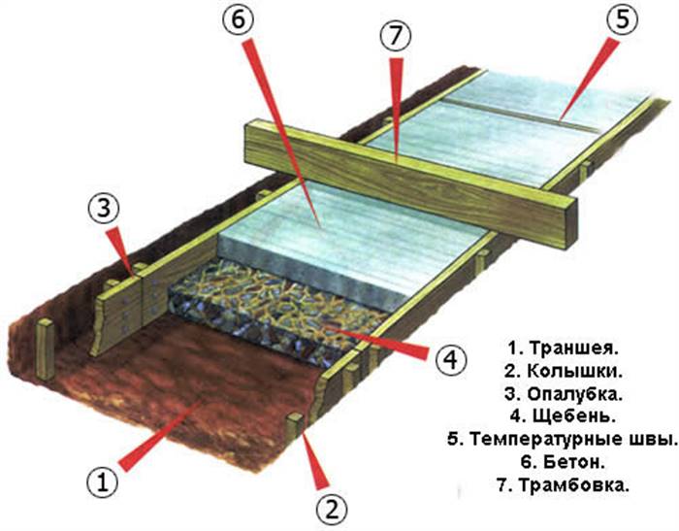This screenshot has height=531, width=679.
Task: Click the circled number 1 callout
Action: (102, 482)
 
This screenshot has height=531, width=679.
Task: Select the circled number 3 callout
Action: (103, 208)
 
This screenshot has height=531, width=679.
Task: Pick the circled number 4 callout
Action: (451, 359)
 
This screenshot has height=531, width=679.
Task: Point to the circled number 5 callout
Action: (622, 20)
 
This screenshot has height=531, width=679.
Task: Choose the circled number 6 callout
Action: (239, 20)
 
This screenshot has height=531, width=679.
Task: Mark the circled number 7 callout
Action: (395, 36)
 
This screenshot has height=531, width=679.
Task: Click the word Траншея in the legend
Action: (573, 348)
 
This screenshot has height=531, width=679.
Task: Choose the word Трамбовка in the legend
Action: (573, 484)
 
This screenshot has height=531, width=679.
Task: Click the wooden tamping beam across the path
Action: (411, 184)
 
